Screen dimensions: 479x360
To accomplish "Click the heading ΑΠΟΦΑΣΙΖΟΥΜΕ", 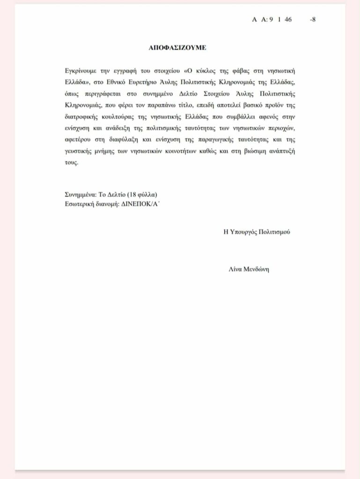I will tap(177, 48).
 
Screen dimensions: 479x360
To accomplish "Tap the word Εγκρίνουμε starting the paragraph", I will tap(82, 71).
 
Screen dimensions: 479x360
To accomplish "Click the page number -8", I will tap(312, 20).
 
